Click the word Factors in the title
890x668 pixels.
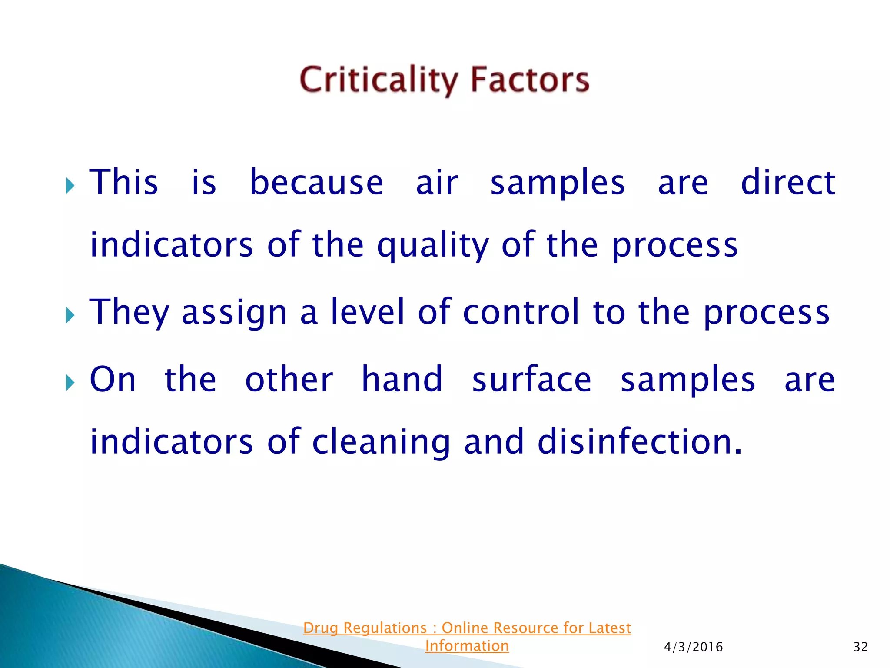[x=530, y=80]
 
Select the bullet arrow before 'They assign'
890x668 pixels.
[x=70, y=315]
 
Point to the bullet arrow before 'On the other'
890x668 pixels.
[x=70, y=383]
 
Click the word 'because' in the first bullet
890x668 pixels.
[x=316, y=183]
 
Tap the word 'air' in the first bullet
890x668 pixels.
[x=437, y=183]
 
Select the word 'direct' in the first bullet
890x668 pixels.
[x=787, y=183]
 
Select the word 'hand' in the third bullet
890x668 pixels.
[x=402, y=379]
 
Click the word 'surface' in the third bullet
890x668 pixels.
[x=531, y=379]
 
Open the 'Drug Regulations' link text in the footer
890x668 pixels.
[x=365, y=628]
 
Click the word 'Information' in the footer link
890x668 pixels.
[x=467, y=646]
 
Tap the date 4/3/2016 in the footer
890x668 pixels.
[x=693, y=647]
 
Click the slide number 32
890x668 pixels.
[x=860, y=647]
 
